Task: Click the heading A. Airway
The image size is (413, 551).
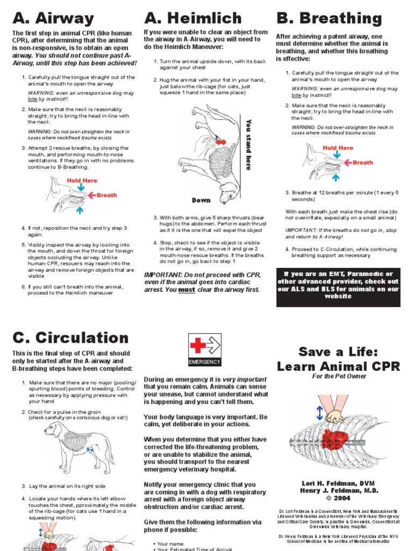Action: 53,18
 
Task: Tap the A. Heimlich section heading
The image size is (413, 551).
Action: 193,18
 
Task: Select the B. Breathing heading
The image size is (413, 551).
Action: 329,18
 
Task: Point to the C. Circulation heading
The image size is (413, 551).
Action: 70,338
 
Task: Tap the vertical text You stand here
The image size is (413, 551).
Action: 248,144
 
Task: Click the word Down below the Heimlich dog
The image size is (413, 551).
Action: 201,200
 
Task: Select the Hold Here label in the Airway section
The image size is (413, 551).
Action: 82,181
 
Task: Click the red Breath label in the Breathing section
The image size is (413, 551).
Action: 362,162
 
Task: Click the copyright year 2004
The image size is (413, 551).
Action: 338,498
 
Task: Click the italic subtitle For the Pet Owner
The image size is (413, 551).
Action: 338,376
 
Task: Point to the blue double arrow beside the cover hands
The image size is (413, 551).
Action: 320,413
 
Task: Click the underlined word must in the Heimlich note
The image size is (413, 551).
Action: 186,289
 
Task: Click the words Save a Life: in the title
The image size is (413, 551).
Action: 338,352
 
